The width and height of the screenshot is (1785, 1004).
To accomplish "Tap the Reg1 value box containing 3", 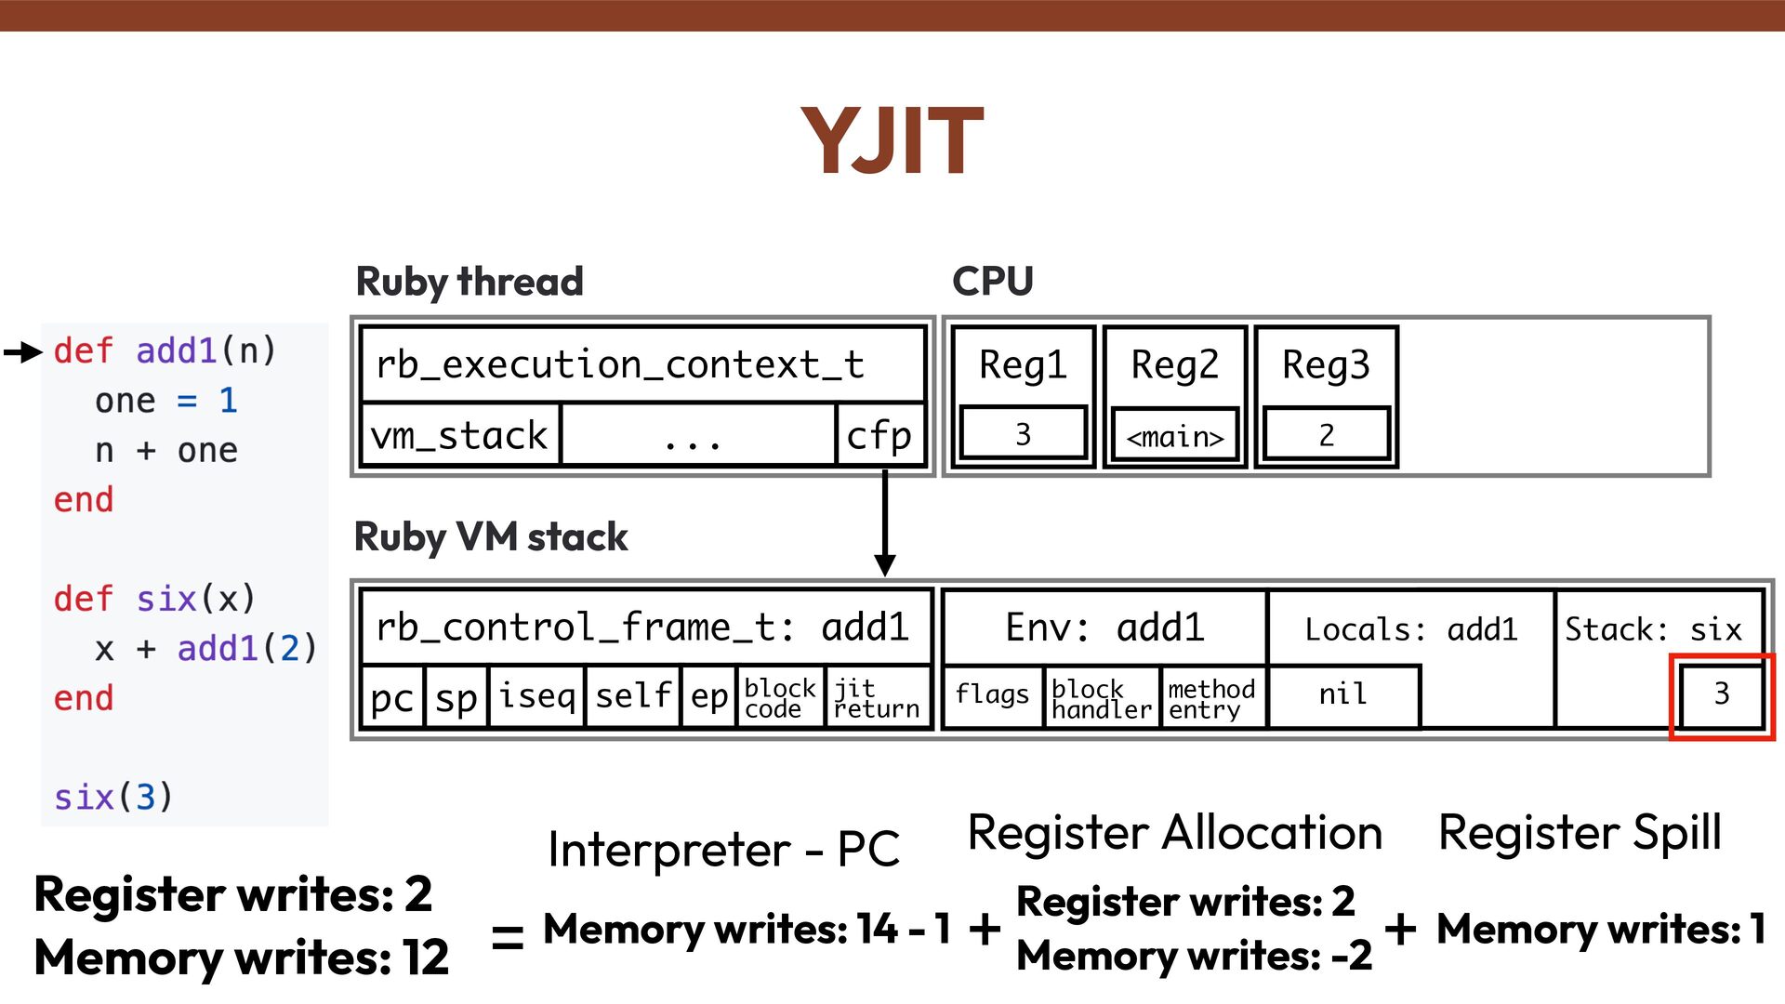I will click(x=1023, y=434).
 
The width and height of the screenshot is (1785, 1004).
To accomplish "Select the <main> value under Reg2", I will click(x=1175, y=436).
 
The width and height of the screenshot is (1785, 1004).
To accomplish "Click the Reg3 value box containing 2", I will click(x=1326, y=434).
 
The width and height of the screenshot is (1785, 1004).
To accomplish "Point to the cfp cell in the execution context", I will click(x=879, y=435).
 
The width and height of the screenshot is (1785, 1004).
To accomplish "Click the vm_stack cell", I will click(x=460, y=435).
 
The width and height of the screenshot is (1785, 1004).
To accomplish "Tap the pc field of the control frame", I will click(x=391, y=696).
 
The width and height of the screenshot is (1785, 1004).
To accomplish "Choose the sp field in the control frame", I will click(x=456, y=696).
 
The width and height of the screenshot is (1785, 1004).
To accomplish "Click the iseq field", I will click(x=536, y=696).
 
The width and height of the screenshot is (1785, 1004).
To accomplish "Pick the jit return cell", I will click(x=877, y=698).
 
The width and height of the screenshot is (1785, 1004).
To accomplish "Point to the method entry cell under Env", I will click(x=1211, y=698).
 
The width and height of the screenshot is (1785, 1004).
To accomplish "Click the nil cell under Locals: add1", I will click(x=1342, y=694).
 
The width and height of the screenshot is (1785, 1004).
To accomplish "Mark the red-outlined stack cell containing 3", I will click(x=1722, y=694).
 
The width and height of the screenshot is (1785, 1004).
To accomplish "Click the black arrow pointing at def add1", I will click(x=23, y=351).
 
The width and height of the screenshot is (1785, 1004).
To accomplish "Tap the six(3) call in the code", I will click(x=112, y=797).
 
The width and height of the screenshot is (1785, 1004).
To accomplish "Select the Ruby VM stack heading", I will click(x=491, y=537).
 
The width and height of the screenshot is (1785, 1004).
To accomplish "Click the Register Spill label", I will click(x=1580, y=832).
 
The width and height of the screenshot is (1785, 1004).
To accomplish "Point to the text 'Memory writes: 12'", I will click(x=242, y=958).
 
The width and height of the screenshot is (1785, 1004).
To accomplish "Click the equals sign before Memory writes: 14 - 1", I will click(x=508, y=935).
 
